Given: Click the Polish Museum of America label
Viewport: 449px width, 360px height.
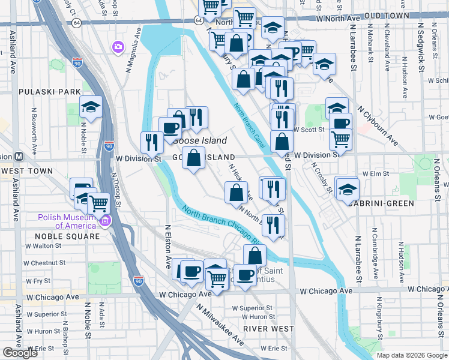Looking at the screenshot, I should click(67, 221).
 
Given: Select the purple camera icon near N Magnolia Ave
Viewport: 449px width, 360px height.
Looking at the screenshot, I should click(118, 46).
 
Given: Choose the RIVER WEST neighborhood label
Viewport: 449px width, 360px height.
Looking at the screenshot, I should click(269, 328).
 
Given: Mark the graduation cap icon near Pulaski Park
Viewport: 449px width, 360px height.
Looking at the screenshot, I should click(91, 106).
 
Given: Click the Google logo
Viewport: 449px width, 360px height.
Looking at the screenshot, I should click(20, 353).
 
